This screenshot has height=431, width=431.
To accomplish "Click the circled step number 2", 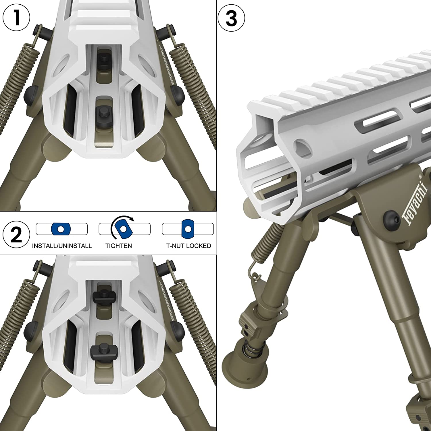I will (16, 234).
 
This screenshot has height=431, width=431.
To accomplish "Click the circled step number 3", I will (231, 18).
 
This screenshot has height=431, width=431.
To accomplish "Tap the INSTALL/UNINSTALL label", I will (62, 246).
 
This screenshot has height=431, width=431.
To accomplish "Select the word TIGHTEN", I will (119, 246).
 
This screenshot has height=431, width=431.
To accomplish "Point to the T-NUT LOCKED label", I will (188, 246).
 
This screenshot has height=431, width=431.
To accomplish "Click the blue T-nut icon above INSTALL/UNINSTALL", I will (61, 229).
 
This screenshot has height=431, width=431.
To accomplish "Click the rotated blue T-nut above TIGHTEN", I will (124, 229).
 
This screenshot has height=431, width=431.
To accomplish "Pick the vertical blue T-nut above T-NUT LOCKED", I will (188, 229).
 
